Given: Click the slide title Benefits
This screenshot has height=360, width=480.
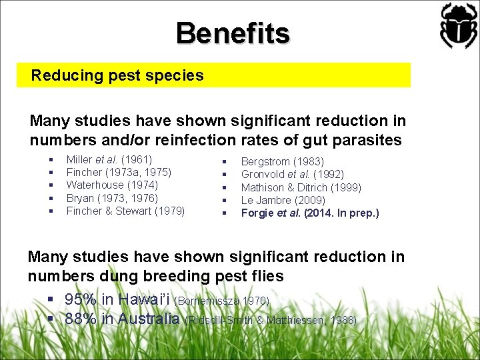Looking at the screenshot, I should tap(233, 33).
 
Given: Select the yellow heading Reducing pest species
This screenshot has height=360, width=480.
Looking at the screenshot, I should tap(117, 75).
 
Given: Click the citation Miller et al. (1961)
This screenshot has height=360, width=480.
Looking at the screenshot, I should tap(109, 159).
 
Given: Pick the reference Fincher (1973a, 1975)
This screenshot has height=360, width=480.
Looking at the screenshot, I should tap(119, 172).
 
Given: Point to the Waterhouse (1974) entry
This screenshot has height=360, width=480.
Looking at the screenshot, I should tap(112, 185).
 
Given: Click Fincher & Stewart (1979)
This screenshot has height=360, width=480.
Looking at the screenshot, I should tap(125, 211).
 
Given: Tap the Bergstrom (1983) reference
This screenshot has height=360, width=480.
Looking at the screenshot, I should tap(282, 161).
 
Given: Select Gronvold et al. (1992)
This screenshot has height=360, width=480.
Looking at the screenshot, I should tap(292, 174).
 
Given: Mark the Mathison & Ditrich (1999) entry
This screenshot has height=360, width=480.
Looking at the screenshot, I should tap(302, 187).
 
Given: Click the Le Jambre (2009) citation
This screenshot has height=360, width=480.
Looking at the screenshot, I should tap(283, 200).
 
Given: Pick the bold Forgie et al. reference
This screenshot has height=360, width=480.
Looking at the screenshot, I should tap(309, 213).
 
